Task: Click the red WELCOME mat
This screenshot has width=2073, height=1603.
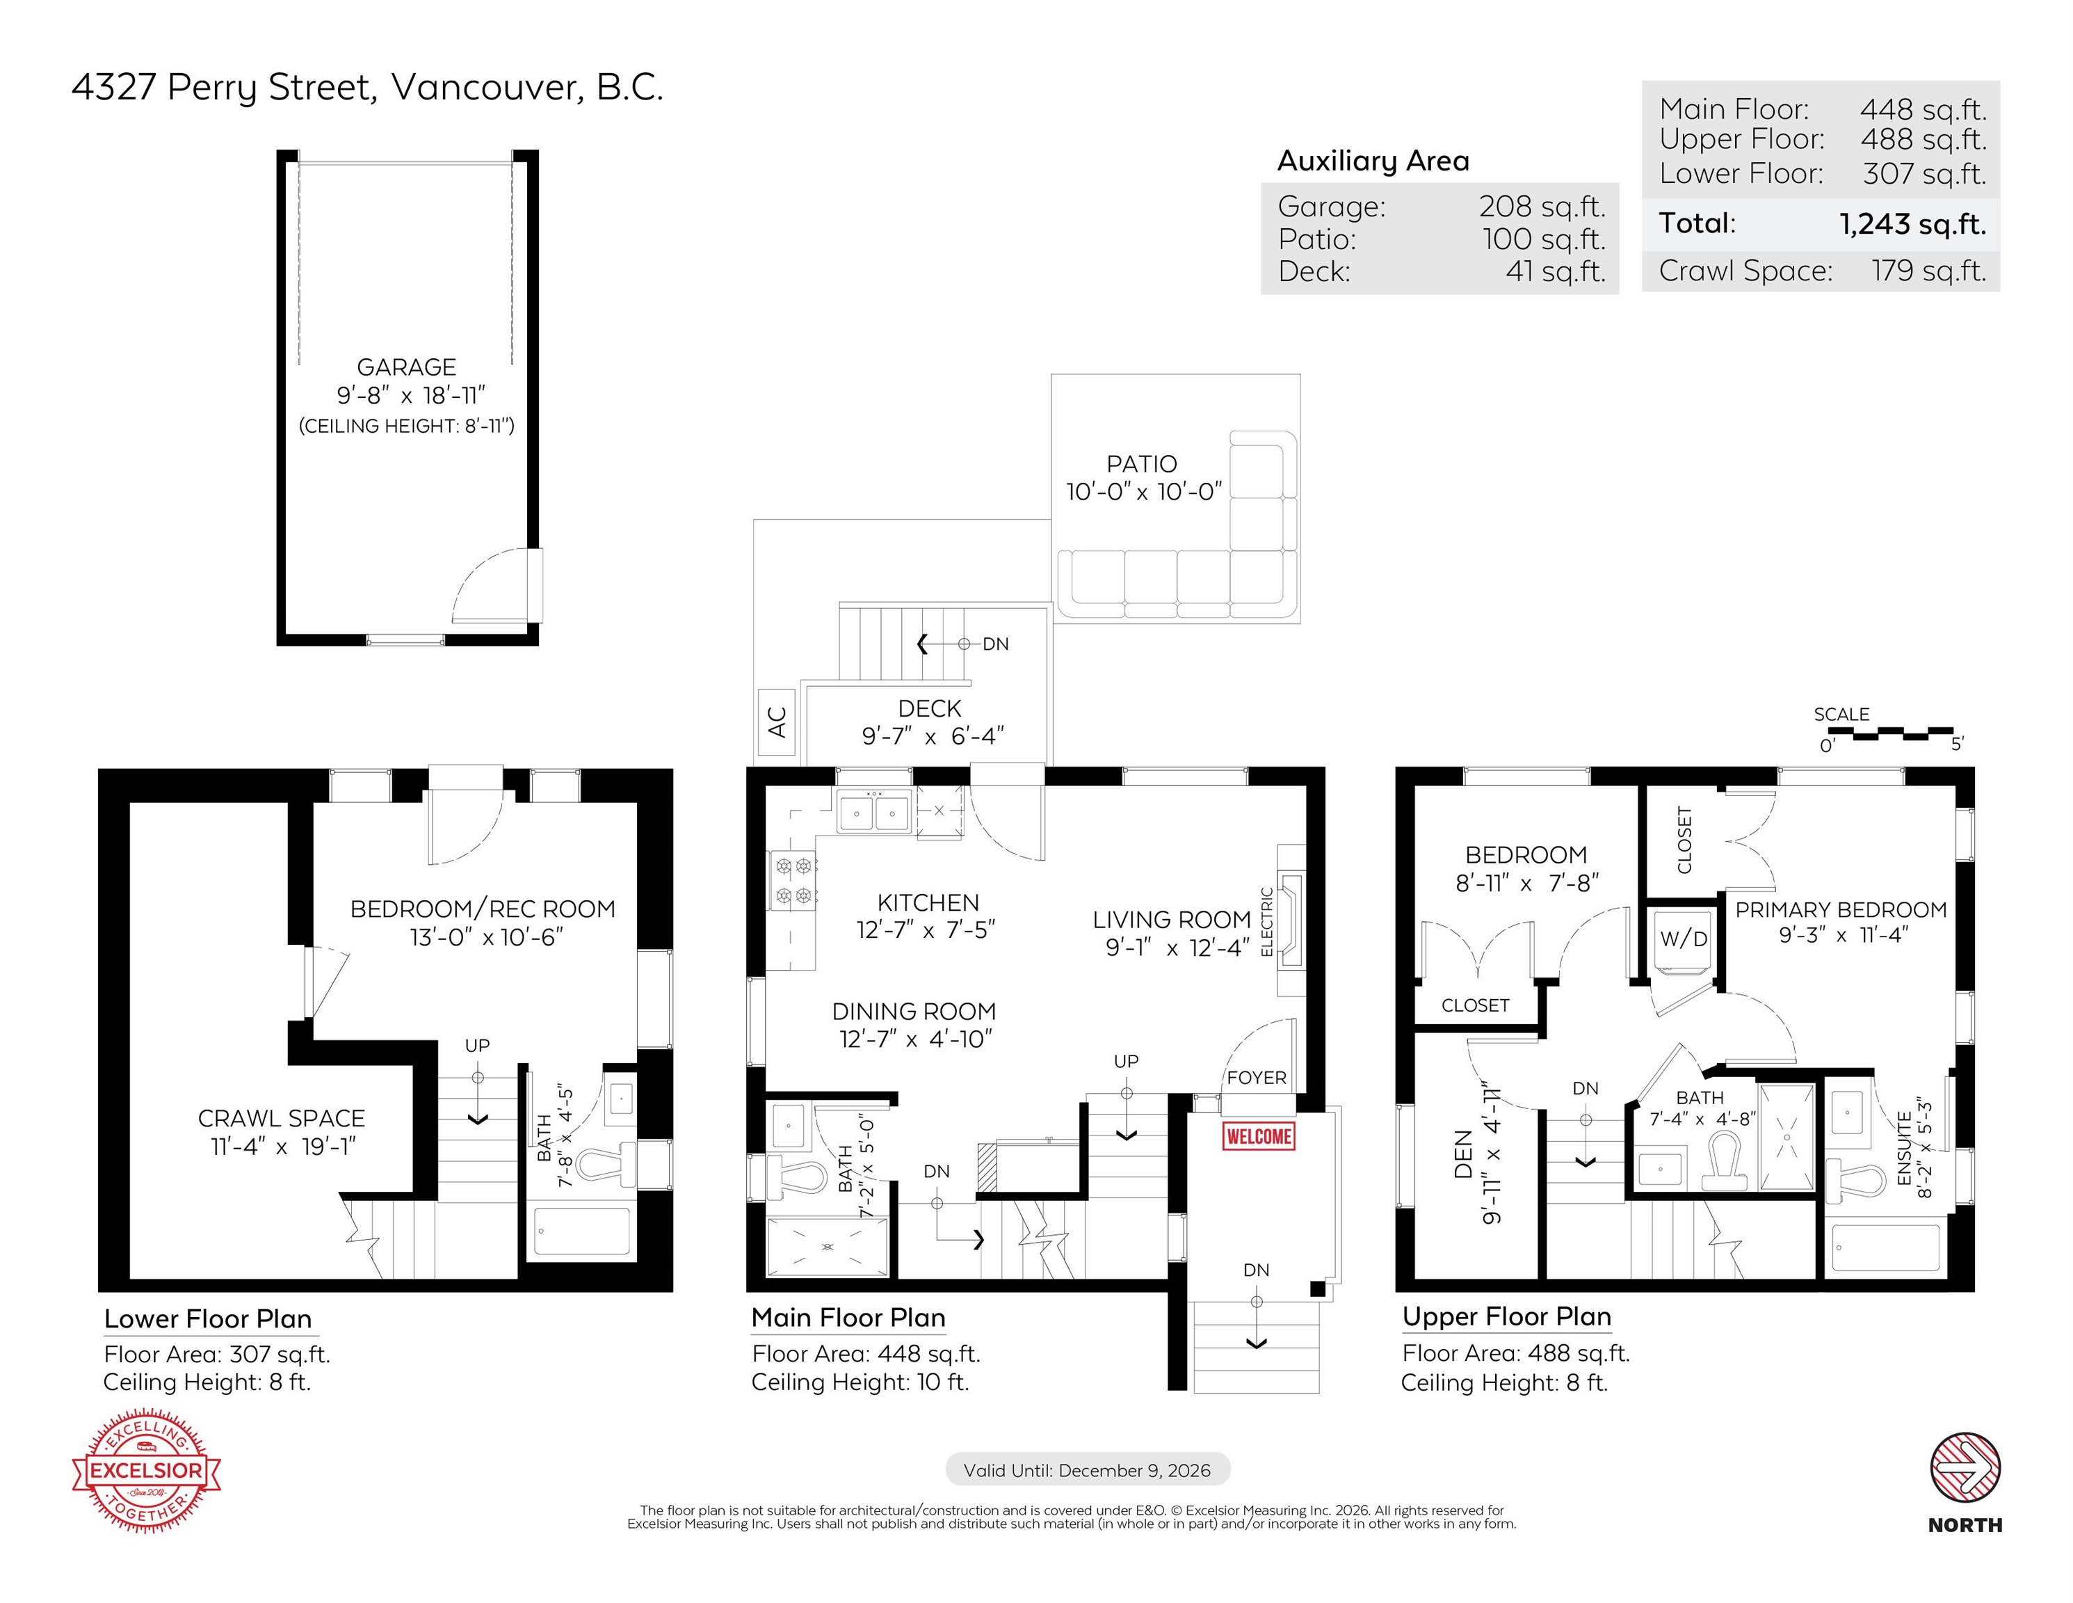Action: [1259, 1135]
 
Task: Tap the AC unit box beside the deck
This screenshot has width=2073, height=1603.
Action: [777, 721]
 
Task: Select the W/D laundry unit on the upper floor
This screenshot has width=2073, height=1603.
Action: [1684, 942]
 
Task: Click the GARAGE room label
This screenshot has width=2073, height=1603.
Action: [406, 367]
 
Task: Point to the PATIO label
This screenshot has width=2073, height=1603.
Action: [1141, 463]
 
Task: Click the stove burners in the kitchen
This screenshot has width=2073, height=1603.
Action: [794, 880]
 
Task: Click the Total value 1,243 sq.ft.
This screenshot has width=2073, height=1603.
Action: [1912, 224]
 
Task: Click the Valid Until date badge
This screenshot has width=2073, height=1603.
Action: [1088, 1470]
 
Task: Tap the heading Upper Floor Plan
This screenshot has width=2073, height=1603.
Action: [1506, 1316]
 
